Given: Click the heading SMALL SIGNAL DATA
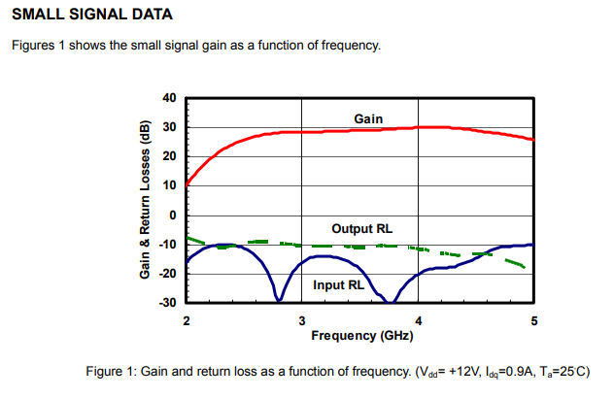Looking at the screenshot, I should pyautogui.click(x=91, y=16).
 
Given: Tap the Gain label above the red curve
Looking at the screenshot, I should pyautogui.click(x=369, y=118).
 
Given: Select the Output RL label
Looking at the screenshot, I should pyautogui.click(x=362, y=229).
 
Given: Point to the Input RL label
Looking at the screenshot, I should pyautogui.click(x=338, y=285).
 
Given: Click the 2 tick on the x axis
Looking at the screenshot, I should pyautogui.click(x=187, y=319).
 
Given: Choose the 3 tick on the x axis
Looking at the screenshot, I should pyautogui.click(x=302, y=319).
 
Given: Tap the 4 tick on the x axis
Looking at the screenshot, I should pyautogui.click(x=418, y=319).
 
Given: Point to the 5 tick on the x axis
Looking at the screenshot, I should pyautogui.click(x=533, y=319).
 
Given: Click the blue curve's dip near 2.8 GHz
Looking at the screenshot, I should pyautogui.click(x=280, y=299).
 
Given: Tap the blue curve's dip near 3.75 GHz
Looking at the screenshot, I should pyautogui.click(x=390, y=301).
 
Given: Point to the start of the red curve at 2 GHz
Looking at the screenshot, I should pyautogui.click(x=188, y=182).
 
